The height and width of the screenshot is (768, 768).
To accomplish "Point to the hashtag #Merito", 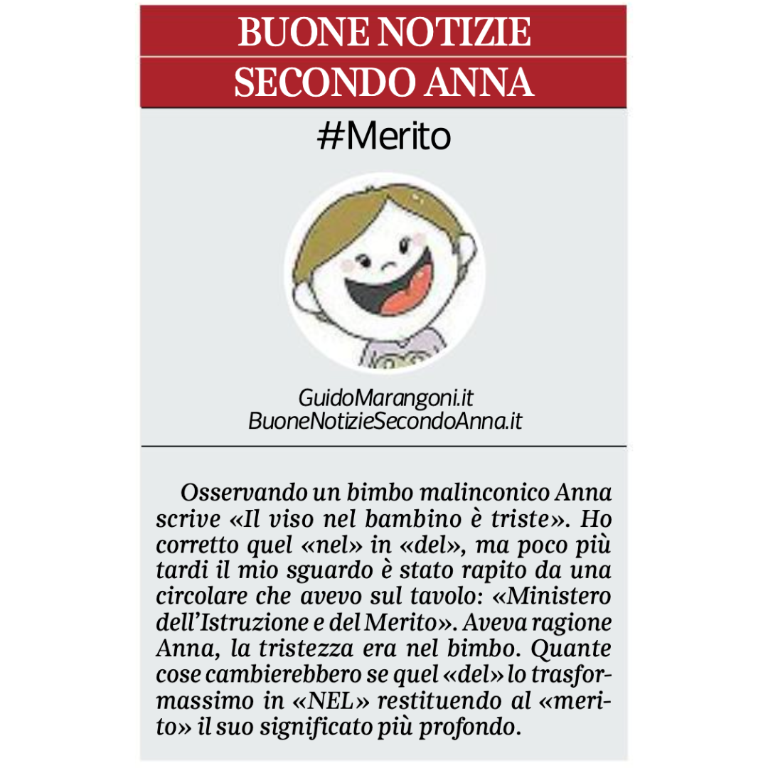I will tap(384, 137).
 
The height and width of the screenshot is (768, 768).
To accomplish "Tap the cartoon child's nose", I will tap(389, 265).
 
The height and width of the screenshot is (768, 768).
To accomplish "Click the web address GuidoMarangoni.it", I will tap(385, 398).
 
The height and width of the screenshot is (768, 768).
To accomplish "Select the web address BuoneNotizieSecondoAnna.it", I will tap(385, 421).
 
